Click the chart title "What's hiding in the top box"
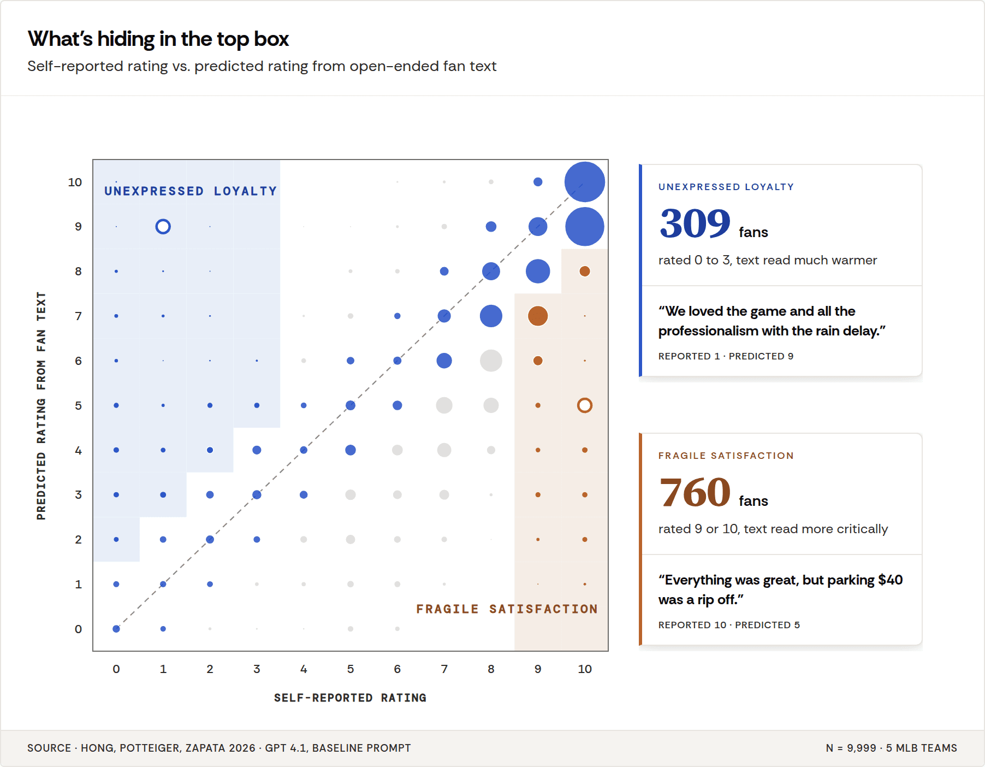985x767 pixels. pos(158,39)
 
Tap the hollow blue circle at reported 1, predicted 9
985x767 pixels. pos(163,226)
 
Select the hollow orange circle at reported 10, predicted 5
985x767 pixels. pos(584,405)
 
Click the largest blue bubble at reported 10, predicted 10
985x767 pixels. pos(584,182)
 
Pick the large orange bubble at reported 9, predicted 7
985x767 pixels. pos(538,316)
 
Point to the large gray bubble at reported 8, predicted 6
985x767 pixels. pos(491,361)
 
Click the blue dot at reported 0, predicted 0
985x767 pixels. pos(116,629)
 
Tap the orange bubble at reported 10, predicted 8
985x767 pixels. pos(584,271)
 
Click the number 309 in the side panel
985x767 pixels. pos(695,224)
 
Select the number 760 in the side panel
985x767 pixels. pos(695,493)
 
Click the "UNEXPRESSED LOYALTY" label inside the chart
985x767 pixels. pos(191,191)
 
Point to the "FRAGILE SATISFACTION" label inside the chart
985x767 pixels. pos(507,609)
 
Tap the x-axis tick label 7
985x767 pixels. pos(444,669)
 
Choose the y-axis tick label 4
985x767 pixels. pos(78,451)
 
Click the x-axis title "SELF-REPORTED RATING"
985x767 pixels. pos(350,698)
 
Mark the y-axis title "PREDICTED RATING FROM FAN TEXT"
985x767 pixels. pos(41,405)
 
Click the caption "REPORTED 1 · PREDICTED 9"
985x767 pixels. pos(726,356)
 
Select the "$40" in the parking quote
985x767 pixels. pos(890,580)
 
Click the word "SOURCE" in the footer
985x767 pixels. pos(49,748)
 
